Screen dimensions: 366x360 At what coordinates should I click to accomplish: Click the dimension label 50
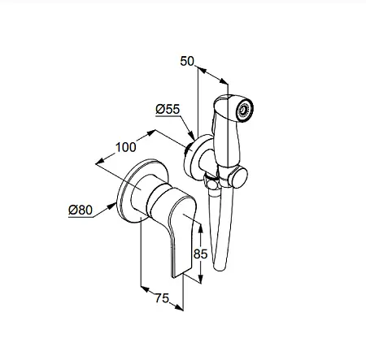tap(187, 61)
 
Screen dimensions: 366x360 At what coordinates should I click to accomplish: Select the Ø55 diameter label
tap(168, 109)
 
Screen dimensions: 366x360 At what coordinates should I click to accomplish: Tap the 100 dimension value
tap(126, 147)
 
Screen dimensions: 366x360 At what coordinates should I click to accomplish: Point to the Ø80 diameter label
tap(81, 210)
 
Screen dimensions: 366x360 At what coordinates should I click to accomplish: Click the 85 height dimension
tap(201, 254)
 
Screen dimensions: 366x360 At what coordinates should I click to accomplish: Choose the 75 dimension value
tap(162, 298)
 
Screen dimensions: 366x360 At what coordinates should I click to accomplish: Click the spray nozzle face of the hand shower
tap(245, 110)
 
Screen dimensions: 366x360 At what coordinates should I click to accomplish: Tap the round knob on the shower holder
tap(238, 177)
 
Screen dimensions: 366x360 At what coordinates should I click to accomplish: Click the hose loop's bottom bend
tap(220, 267)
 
